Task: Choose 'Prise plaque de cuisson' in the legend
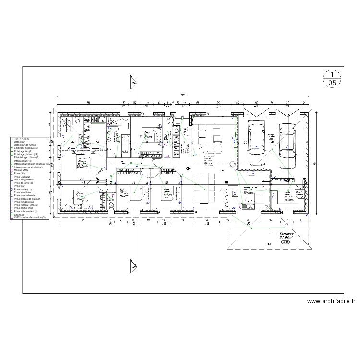(26, 199)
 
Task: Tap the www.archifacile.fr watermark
(331, 301)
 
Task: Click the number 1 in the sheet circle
(332, 74)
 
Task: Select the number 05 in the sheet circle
(332, 83)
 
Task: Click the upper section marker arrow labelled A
(132, 83)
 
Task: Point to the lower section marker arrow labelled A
(132, 265)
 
